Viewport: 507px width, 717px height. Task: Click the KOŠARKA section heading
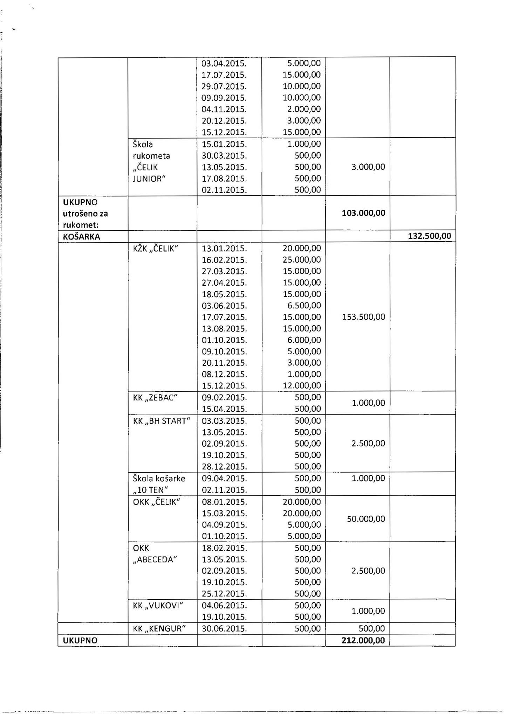click(x=81, y=237)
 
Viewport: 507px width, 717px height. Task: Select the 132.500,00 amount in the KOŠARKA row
click(x=429, y=236)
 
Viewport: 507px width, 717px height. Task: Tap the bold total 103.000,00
click(x=363, y=213)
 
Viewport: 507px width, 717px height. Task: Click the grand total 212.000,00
click(x=363, y=640)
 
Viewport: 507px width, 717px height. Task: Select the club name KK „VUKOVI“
click(x=158, y=605)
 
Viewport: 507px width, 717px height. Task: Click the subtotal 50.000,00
click(x=366, y=519)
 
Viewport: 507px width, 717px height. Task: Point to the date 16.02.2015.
click(x=224, y=260)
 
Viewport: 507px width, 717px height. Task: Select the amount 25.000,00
click(x=301, y=260)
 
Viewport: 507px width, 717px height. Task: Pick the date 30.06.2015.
click(x=224, y=628)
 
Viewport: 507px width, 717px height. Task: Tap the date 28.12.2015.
click(x=224, y=466)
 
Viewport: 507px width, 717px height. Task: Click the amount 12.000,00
click(x=301, y=385)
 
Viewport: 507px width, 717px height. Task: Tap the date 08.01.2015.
click(x=224, y=502)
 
